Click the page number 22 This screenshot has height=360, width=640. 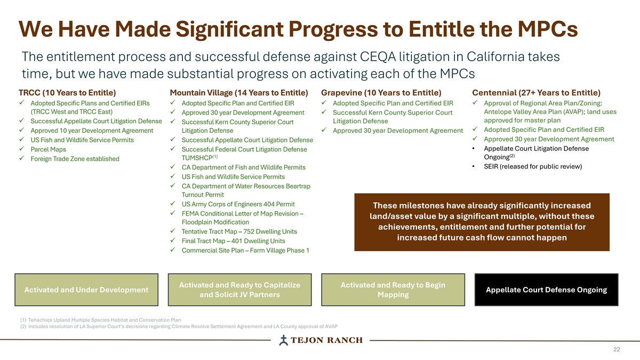(x=617, y=349)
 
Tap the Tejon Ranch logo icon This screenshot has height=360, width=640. (x=283, y=340)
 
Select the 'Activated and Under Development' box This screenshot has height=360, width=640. (x=86, y=290)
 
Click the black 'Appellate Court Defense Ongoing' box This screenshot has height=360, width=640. (x=546, y=290)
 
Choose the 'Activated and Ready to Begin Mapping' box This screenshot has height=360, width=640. (x=393, y=290)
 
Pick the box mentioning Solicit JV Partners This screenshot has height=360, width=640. (x=239, y=290)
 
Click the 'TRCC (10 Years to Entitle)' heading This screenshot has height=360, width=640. (x=67, y=93)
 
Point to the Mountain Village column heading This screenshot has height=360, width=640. (x=239, y=93)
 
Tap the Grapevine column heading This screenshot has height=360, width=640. (x=381, y=93)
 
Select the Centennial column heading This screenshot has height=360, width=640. (x=537, y=93)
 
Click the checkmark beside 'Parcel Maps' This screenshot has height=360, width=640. (x=21, y=149)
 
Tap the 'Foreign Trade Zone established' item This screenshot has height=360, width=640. (x=75, y=159)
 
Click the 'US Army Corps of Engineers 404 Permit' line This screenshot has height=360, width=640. (x=238, y=204)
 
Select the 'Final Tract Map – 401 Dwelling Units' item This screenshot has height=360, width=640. (x=234, y=241)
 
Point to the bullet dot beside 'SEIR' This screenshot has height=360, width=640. (x=474, y=166)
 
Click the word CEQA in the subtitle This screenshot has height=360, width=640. (x=378, y=57)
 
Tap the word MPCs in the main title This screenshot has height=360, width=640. (x=548, y=29)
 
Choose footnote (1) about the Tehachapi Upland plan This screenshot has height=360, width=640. (x=101, y=320)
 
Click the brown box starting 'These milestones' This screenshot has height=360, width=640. (x=482, y=222)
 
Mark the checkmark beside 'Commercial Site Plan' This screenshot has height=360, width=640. (x=173, y=250)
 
